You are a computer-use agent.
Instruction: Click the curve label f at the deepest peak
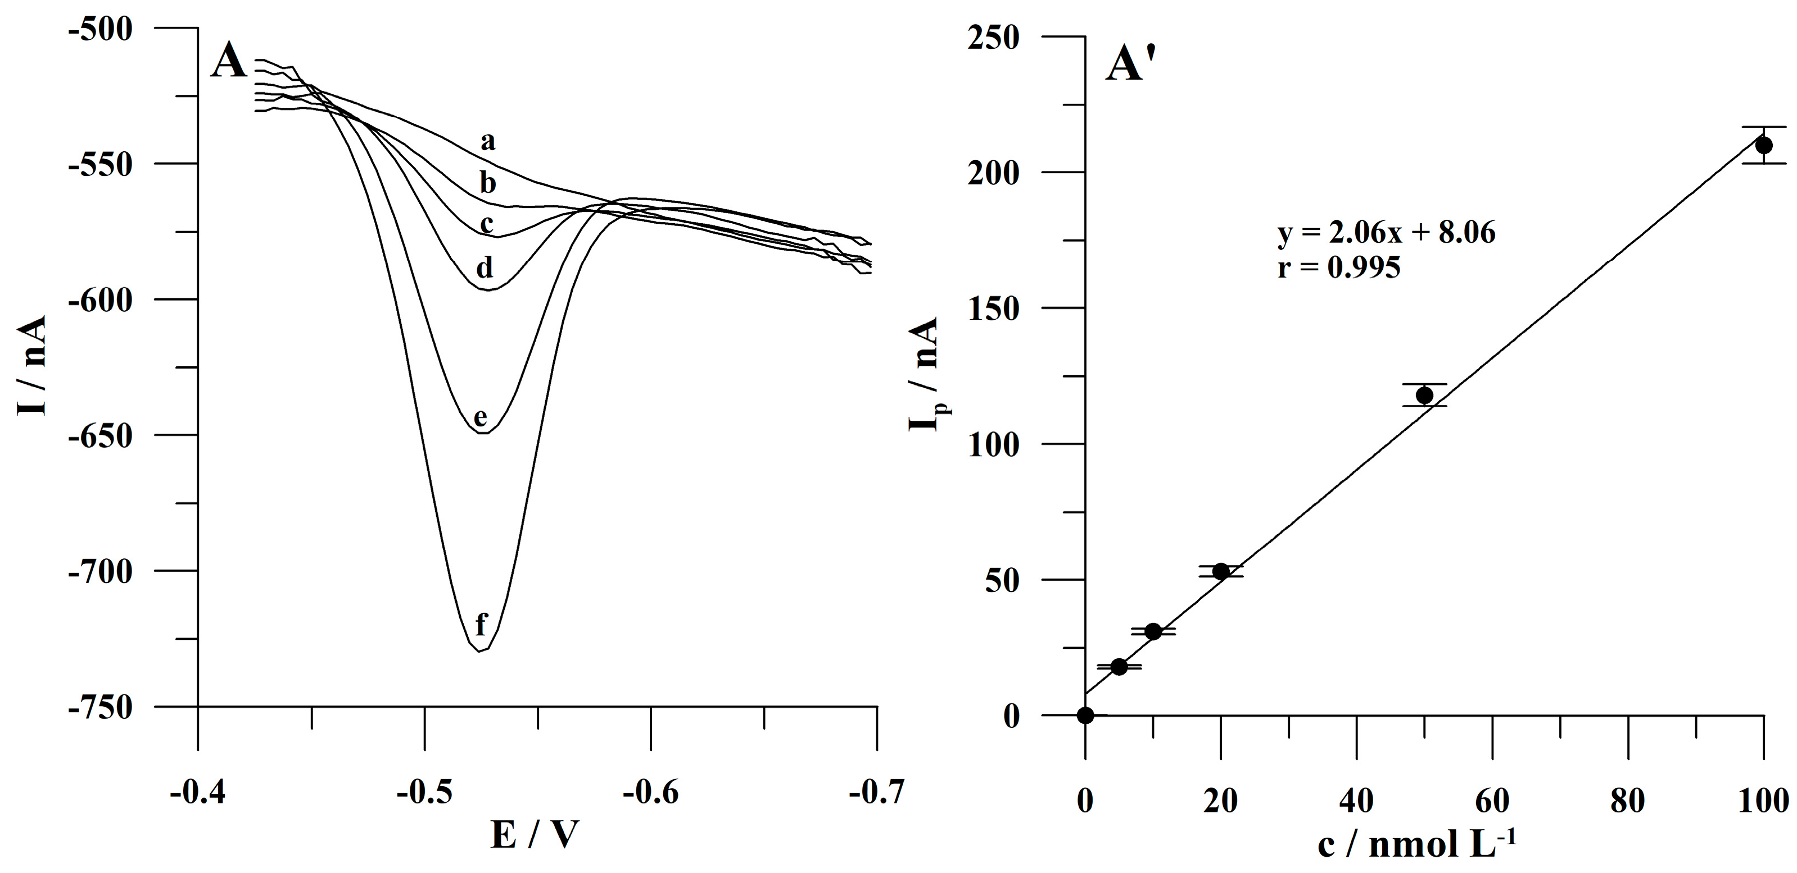[x=481, y=624]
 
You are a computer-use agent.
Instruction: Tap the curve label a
[x=488, y=142]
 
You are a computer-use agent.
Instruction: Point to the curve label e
[x=480, y=417]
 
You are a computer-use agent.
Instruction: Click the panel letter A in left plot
[x=228, y=61]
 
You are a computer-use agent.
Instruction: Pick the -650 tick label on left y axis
[x=99, y=436]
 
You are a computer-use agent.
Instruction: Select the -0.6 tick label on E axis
[x=650, y=793]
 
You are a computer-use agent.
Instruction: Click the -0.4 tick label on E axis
[x=198, y=793]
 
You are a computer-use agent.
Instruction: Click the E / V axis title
[x=535, y=834]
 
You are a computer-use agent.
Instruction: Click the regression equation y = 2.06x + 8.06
[x=1386, y=233]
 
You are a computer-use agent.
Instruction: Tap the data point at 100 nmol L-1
[x=1763, y=145]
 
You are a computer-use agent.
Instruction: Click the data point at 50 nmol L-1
[x=1424, y=395]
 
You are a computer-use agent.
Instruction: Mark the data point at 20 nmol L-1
[x=1221, y=571]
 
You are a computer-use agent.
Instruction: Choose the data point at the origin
[x=1085, y=715]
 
